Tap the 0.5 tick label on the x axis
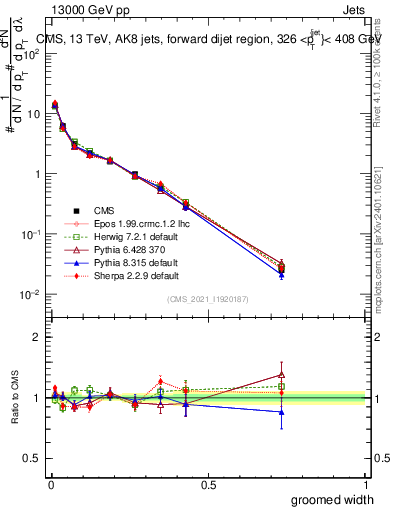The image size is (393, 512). [x=208, y=484]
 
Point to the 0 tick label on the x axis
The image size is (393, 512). [x=50, y=484]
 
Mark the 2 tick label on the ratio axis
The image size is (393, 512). [x=37, y=337]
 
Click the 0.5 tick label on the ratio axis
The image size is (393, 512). [x=32, y=459]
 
